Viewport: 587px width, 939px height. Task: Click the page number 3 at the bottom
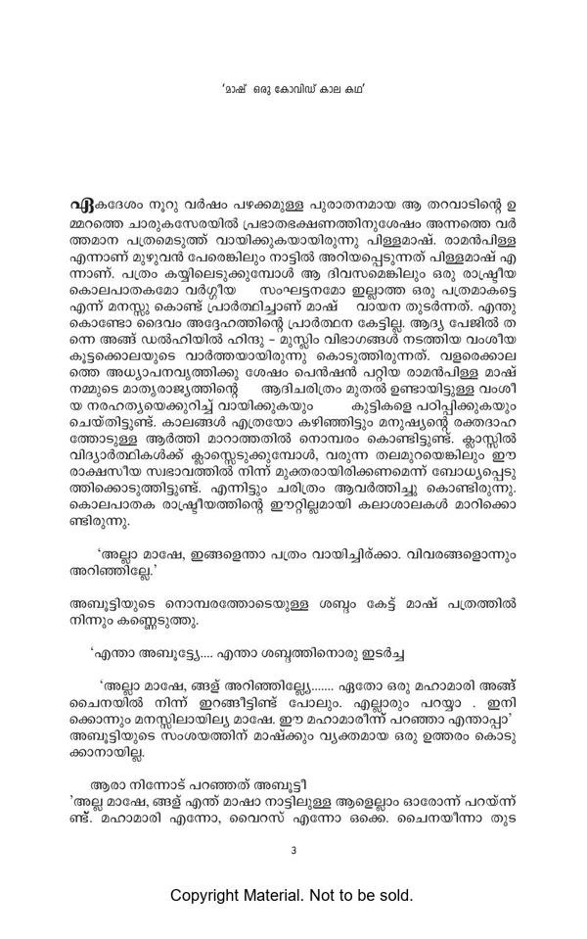click(x=293, y=849)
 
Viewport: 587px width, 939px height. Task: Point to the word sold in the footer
click(x=395, y=895)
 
